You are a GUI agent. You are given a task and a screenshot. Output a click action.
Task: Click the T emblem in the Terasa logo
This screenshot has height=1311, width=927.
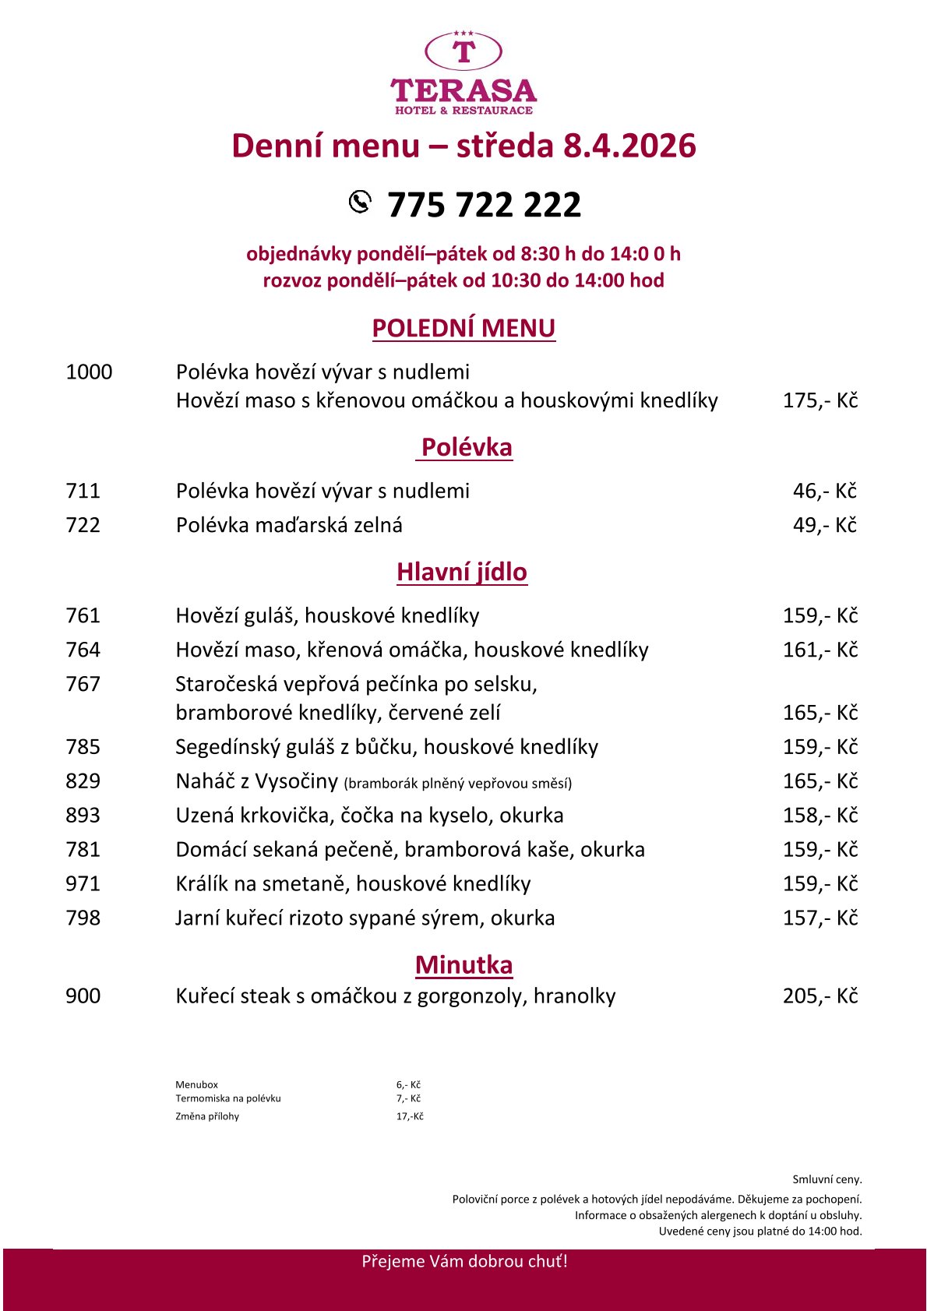463,51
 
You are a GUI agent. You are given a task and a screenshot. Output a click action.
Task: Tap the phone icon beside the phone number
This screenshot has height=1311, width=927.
360,202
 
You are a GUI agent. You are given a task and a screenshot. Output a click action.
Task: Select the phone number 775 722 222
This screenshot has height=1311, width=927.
484,205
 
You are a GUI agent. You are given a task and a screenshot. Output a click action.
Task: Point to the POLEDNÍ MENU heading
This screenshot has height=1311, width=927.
463,328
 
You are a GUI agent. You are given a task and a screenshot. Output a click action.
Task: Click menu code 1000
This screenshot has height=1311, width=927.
89,372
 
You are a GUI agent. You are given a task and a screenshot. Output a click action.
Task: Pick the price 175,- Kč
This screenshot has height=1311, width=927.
819,400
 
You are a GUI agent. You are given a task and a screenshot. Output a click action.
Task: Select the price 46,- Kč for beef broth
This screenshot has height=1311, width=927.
824,491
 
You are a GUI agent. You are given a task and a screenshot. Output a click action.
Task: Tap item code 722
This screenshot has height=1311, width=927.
83,525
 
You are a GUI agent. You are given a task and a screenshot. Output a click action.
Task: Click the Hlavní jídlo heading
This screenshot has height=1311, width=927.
462,572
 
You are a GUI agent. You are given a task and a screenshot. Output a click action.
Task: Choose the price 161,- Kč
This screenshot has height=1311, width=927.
819,650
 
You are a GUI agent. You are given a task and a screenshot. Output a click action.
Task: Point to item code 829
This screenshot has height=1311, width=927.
83,781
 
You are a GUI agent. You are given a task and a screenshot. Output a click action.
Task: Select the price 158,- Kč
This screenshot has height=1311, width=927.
819,815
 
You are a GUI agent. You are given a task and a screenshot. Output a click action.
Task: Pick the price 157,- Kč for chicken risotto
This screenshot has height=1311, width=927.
819,918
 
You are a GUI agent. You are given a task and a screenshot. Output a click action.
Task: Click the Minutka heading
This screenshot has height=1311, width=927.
463,964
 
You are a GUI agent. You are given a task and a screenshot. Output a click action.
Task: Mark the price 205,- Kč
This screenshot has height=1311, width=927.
819,996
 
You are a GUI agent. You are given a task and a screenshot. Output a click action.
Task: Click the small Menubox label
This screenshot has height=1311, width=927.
196,1084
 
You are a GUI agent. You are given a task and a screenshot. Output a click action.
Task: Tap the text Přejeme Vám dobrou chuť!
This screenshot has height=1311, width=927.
464,1261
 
